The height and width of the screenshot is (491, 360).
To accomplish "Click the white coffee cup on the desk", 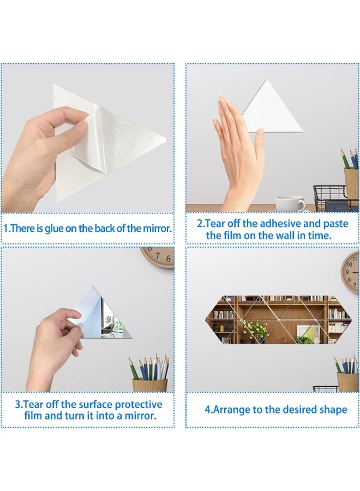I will tap(290, 203).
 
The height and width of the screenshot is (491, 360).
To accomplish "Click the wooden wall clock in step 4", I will tap(351, 272).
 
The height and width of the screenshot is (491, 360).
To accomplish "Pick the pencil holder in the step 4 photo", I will tap(347, 380).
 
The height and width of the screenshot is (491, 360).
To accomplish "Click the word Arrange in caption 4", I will tap(232, 410).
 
